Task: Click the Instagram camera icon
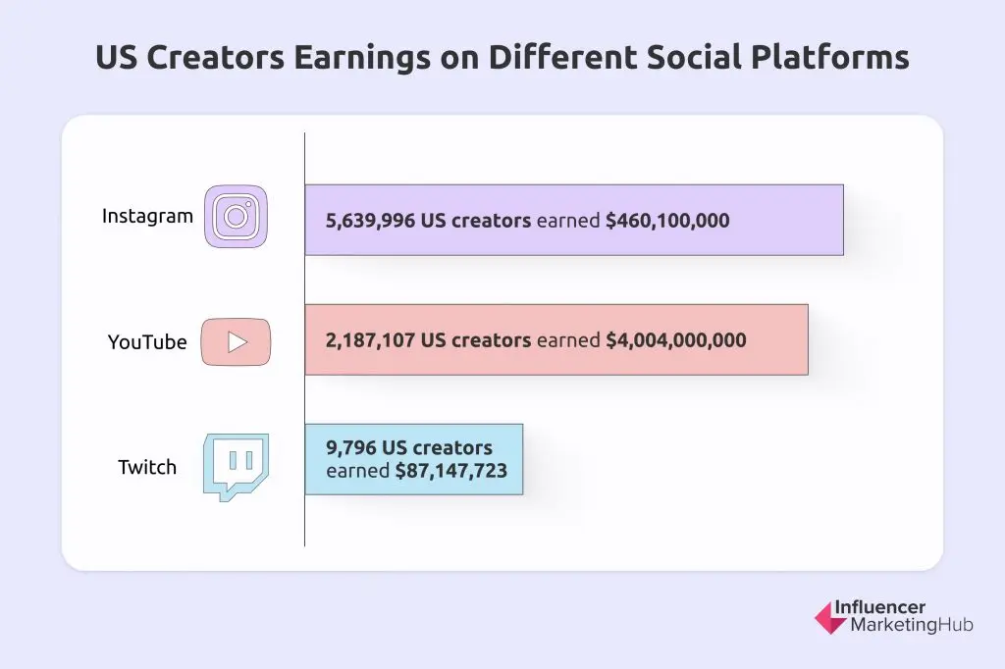click(x=236, y=216)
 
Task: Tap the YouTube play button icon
click(x=236, y=341)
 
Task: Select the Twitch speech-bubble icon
click(x=236, y=467)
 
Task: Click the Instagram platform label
click(x=147, y=216)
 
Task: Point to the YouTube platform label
click(x=147, y=342)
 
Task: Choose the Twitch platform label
click(x=147, y=467)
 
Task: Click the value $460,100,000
click(x=667, y=221)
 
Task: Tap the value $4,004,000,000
click(x=675, y=340)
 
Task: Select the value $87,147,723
click(x=450, y=471)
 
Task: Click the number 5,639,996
click(x=371, y=221)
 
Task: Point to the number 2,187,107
click(x=371, y=340)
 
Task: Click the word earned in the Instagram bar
click(x=568, y=221)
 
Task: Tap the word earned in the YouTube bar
click(x=568, y=340)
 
